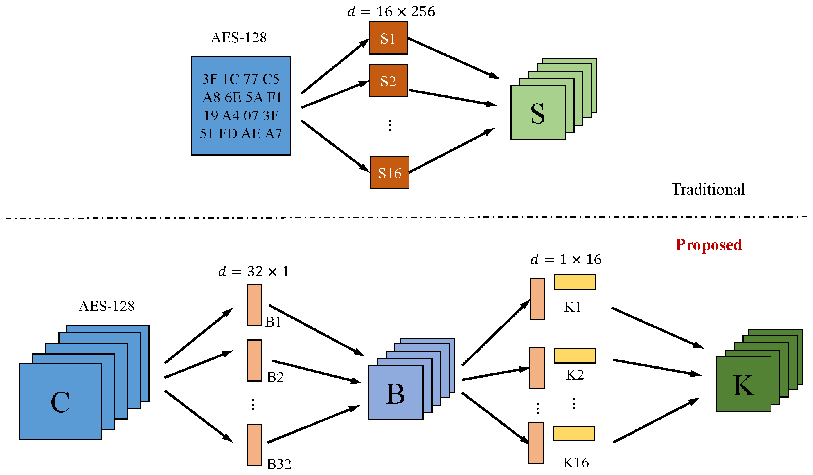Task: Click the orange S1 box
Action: (x=388, y=38)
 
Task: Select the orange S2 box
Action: (x=388, y=81)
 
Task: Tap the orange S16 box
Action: (x=389, y=173)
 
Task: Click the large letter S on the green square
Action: (x=537, y=113)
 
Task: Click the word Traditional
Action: (x=708, y=189)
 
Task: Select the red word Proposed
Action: (x=708, y=245)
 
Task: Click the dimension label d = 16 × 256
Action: (x=391, y=12)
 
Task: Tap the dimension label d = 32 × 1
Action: (x=253, y=272)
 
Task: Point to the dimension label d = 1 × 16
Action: (x=566, y=259)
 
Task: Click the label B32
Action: (x=279, y=464)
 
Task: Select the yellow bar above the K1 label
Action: (x=575, y=282)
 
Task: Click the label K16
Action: (x=576, y=463)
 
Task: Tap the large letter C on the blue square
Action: (x=60, y=402)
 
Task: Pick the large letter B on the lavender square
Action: (x=395, y=394)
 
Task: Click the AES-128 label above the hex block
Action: (x=239, y=38)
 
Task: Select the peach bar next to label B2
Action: (x=254, y=360)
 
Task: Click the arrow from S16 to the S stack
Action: (x=452, y=150)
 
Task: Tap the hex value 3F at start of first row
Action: (x=210, y=79)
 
